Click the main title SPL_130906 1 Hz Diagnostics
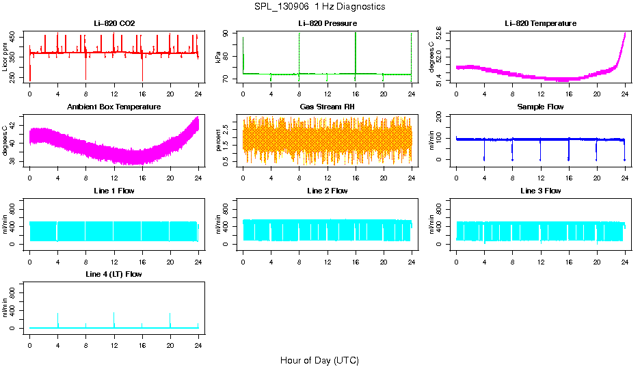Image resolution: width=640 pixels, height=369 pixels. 319,7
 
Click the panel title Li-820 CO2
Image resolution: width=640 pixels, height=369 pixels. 114,24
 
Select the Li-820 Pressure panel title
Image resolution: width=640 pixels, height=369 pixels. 328,24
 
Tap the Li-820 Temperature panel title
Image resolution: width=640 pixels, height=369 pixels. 540,24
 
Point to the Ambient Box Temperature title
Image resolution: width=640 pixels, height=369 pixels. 114,107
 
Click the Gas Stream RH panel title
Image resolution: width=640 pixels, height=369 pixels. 328,107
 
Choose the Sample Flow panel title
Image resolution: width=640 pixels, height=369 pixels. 540,107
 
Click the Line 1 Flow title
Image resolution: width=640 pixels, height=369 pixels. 114,191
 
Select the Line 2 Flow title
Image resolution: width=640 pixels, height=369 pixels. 328,191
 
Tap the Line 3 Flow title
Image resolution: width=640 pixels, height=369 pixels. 540,191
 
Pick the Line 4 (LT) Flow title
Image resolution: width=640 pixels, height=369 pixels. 114,274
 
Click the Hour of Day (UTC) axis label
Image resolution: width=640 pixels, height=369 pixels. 319,360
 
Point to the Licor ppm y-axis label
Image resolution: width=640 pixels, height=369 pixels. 5,57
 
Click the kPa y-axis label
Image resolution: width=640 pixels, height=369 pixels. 219,57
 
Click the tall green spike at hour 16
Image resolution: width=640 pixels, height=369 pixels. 356,48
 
